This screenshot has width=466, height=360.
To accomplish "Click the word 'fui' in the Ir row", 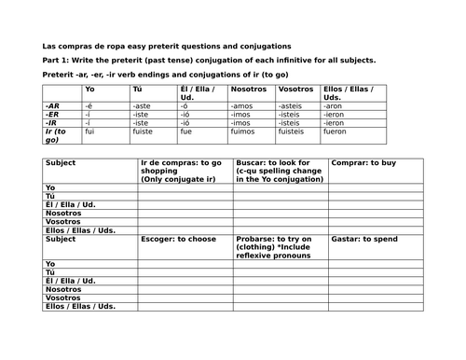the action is point(90,132).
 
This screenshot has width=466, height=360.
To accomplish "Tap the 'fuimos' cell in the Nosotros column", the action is point(240,132).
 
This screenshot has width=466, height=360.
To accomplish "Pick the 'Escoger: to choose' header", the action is point(173,239).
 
